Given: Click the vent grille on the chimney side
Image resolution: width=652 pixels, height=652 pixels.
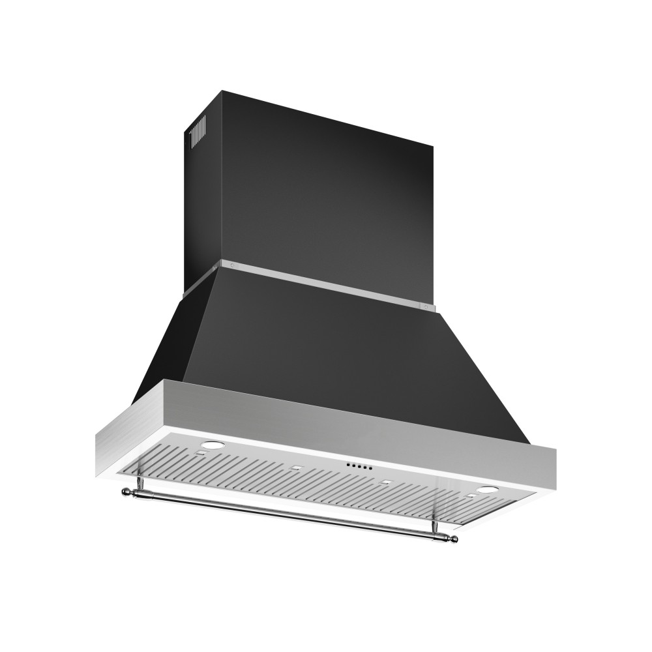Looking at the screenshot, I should pyautogui.click(x=198, y=131).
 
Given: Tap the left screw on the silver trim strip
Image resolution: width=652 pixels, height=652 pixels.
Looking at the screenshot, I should pyautogui.click(x=232, y=264).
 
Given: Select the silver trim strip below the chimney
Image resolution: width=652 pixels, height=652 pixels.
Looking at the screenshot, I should pyautogui.click(x=326, y=284).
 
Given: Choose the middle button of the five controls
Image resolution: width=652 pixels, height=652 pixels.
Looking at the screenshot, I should pyautogui.click(x=359, y=466).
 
